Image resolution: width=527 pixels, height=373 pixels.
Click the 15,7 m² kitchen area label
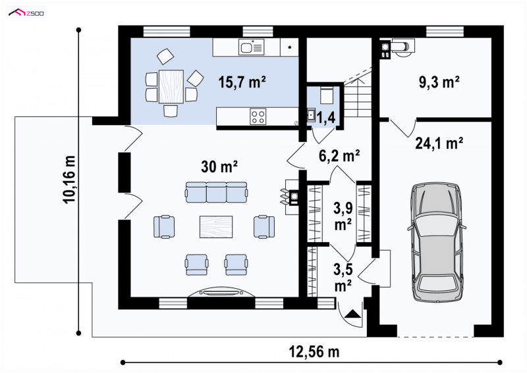point(242,82)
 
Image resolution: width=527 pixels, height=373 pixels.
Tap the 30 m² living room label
point(219,166)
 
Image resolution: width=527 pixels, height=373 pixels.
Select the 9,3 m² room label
point(439,82)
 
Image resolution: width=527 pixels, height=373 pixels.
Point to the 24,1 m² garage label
point(439,143)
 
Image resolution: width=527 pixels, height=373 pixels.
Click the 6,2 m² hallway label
point(339,156)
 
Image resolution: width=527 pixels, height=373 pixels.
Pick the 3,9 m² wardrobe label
point(343,216)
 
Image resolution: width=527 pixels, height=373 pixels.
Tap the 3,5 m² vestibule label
point(343,278)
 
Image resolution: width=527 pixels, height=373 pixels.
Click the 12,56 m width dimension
point(314,352)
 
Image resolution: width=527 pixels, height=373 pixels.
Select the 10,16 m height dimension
point(70,180)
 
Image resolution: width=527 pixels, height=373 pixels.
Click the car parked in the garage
point(437,241)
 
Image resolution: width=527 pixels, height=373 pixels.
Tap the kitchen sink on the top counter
point(252,47)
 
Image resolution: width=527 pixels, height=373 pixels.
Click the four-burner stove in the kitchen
point(258,116)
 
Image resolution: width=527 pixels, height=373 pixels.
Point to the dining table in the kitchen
point(171,86)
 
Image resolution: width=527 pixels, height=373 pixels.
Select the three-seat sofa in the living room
point(216,192)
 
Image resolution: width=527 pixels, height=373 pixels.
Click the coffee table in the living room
point(216,226)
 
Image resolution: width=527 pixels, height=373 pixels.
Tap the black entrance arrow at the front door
point(352,314)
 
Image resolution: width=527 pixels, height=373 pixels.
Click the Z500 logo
point(26,13)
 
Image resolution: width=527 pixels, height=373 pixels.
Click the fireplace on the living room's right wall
point(291,197)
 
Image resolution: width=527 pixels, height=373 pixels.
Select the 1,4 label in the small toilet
point(325,118)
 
